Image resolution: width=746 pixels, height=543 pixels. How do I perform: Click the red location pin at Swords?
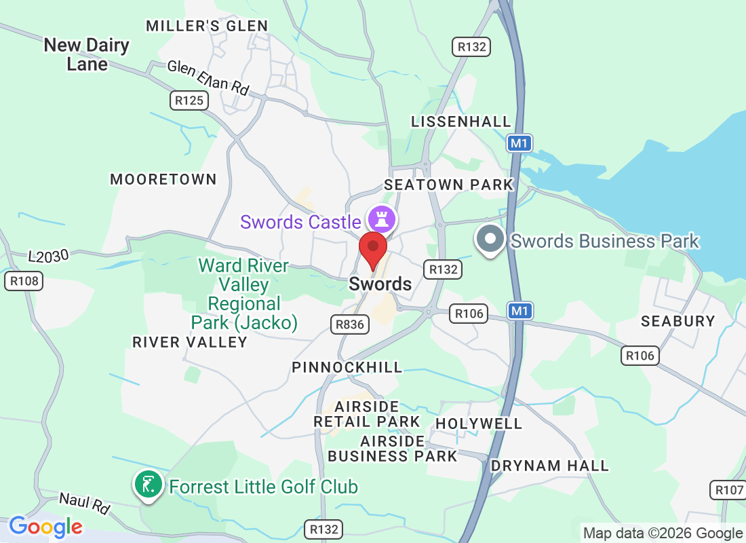click(x=372, y=248)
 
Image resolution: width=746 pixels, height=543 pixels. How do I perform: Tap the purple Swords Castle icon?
click(x=381, y=219)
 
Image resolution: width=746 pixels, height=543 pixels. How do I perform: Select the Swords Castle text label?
click(x=300, y=222)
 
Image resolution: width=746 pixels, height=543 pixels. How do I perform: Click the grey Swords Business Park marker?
click(x=490, y=240)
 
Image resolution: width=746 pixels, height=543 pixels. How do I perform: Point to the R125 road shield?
click(x=189, y=100)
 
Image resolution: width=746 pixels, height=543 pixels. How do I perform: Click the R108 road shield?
click(x=24, y=281)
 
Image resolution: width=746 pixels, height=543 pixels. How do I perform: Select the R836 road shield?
click(x=350, y=324)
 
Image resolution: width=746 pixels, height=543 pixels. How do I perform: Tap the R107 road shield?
click(x=728, y=490)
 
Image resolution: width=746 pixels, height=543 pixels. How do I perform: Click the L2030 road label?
click(x=49, y=257)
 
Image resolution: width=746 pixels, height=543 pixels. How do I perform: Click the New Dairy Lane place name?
click(x=87, y=54)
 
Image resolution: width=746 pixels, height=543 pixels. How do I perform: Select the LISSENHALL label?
click(x=461, y=121)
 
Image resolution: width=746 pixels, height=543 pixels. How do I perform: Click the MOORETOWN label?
click(x=163, y=179)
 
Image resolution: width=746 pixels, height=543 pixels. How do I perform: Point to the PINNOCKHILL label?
click(x=347, y=367)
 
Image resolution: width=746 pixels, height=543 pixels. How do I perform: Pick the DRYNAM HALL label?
click(x=549, y=466)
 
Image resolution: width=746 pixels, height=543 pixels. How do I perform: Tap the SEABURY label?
click(x=678, y=321)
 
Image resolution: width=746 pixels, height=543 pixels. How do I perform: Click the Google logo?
click(x=46, y=527)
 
